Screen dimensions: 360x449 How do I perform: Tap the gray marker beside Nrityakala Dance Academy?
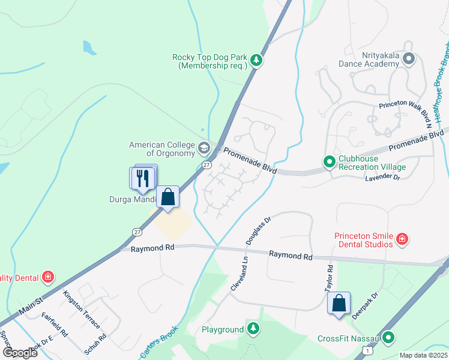[x=409, y=59]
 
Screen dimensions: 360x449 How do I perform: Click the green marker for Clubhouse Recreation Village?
[x=329, y=161]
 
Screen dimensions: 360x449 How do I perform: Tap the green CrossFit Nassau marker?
[x=389, y=338]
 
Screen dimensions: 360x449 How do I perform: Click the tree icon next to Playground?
[x=254, y=329]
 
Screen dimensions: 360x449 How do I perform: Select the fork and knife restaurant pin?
[x=143, y=178]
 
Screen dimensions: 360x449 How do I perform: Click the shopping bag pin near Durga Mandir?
[x=168, y=197]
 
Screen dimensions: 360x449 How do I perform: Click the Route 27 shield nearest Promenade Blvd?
[x=206, y=164]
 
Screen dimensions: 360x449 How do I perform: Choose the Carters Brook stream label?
[x=158, y=343]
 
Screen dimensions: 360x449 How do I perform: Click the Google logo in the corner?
[x=20, y=353]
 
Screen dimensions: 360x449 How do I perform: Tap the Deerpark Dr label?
[x=366, y=305]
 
